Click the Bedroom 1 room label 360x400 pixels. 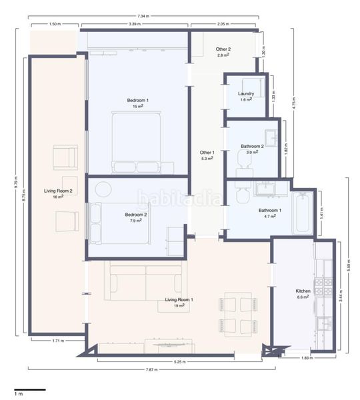pyautogui.click(x=138, y=101)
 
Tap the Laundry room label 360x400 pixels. pyautogui.click(x=246, y=93)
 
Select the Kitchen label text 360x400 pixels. pyautogui.click(x=303, y=291)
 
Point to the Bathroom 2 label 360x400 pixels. pyautogui.click(x=252, y=146)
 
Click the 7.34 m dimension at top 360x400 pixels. pyautogui.click(x=143, y=16)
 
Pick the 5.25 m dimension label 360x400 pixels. pyautogui.click(x=179, y=361)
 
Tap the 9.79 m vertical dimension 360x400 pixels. pyautogui.click(x=16, y=182)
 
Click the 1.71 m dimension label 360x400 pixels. pyautogui.click(x=58, y=341)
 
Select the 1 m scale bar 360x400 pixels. pyautogui.click(x=30, y=389)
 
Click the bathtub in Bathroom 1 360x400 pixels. pyautogui.click(x=303, y=213)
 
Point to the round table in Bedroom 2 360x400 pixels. pyautogui.click(x=103, y=189)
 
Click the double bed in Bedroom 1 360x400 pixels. pyautogui.click(x=137, y=143)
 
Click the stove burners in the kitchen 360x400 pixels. pyautogui.click(x=323, y=286)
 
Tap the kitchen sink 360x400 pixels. pyautogui.click(x=325, y=323)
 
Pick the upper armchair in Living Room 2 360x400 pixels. pyautogui.click(x=65, y=157)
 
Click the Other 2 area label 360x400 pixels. pyautogui.click(x=223, y=49)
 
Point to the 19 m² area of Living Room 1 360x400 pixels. pyautogui.click(x=179, y=305)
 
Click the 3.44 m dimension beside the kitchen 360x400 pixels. pyautogui.click(x=341, y=296)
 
